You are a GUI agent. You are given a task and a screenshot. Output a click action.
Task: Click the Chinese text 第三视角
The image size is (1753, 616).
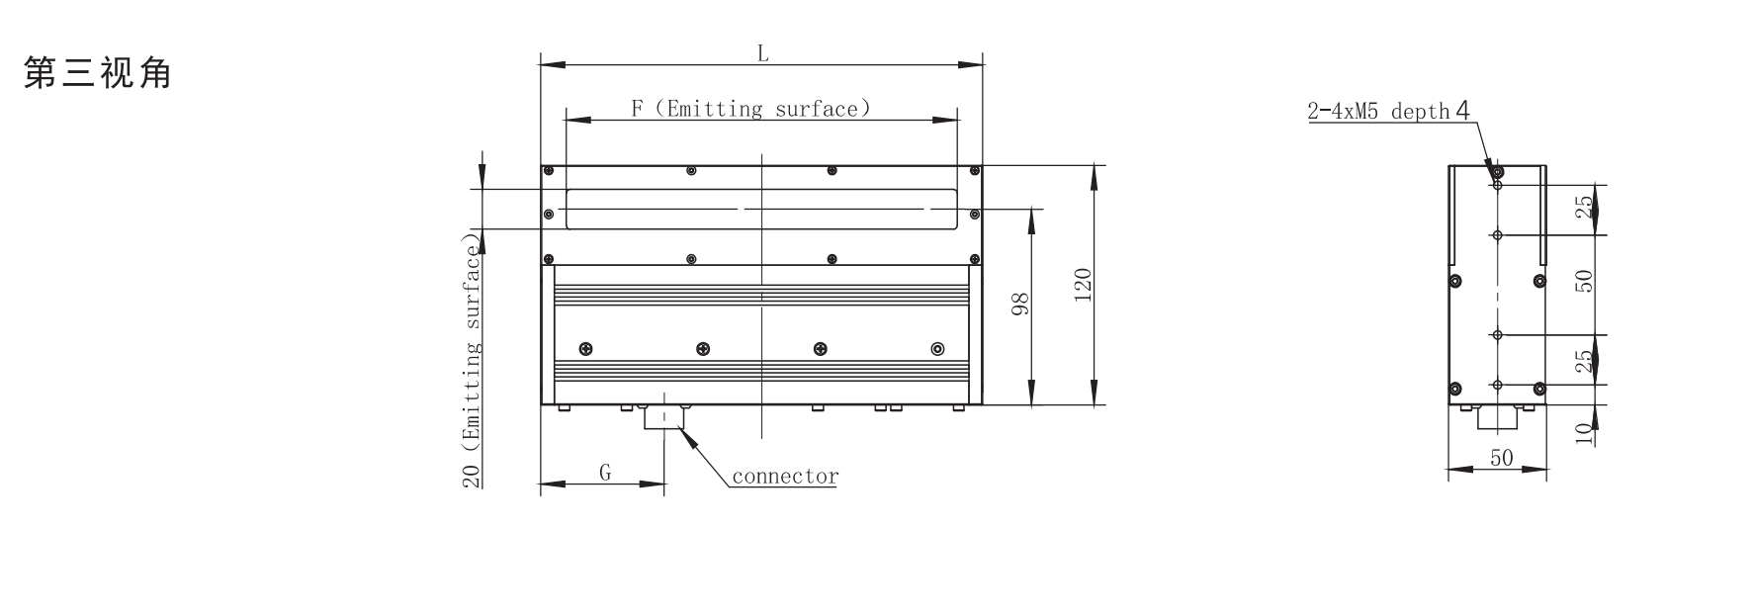[x=97, y=73]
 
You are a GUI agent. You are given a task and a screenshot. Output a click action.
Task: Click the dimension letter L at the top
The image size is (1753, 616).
[x=762, y=54]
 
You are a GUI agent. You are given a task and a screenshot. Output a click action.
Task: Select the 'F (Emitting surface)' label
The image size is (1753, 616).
[x=751, y=109]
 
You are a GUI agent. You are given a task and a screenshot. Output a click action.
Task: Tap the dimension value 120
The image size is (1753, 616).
[x=1082, y=285]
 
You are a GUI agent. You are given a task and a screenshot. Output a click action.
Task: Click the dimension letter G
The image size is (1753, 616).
[x=604, y=473]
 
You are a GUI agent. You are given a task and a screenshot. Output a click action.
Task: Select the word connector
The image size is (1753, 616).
[x=785, y=477]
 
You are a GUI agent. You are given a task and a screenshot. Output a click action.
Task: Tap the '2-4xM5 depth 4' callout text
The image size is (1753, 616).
[x=1388, y=111]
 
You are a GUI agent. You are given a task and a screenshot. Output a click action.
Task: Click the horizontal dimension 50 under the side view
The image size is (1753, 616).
[x=1501, y=458]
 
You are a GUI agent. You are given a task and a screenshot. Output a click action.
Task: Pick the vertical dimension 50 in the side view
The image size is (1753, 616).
[x=1584, y=281]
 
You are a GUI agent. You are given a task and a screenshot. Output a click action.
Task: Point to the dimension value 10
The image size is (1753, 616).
[x=1584, y=432]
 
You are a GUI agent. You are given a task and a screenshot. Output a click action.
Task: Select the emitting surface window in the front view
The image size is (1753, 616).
[x=760, y=210]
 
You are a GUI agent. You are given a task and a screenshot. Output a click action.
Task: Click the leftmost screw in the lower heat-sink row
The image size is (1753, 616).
[x=585, y=348]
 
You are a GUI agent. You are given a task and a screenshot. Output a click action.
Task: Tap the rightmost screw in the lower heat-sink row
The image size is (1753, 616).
[x=937, y=348]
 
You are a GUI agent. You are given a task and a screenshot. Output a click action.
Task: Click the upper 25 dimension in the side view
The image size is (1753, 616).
[x=1584, y=208]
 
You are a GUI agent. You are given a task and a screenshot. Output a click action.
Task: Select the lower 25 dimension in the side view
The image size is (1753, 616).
[x=1584, y=361]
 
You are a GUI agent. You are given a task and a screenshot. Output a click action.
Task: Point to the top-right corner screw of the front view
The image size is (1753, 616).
[x=974, y=171]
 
